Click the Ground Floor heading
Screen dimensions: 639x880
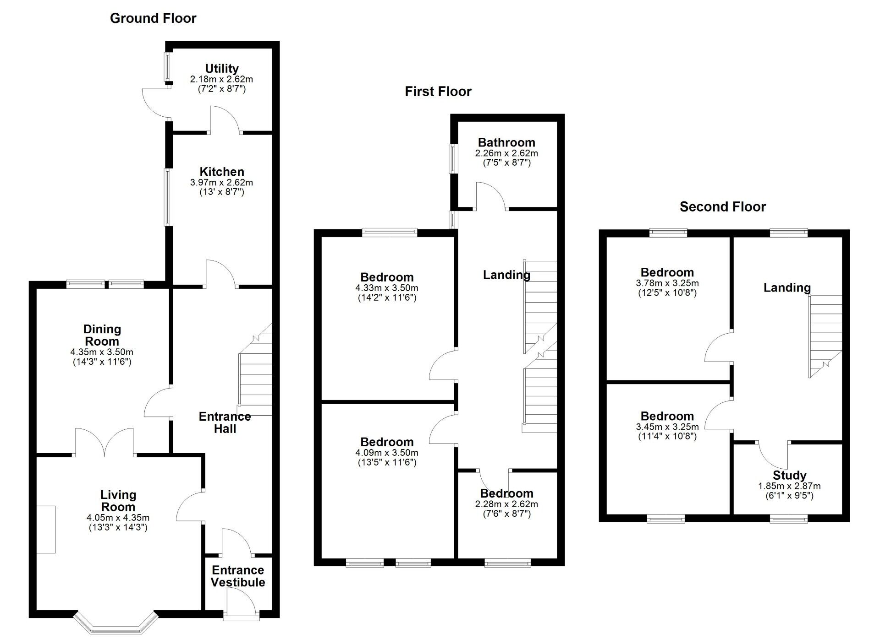(x=153, y=18)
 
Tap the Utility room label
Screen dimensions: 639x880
(x=222, y=69)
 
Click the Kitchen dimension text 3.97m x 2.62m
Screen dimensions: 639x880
(x=221, y=182)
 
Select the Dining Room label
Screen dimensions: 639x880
(x=102, y=335)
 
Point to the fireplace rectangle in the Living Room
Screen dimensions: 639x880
(x=46, y=529)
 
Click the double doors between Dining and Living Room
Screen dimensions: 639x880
(x=104, y=442)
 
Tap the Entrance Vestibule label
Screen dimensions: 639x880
(x=238, y=576)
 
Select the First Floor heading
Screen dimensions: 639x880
(x=438, y=92)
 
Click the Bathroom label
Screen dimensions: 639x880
(x=506, y=142)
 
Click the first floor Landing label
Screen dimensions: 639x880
(x=506, y=275)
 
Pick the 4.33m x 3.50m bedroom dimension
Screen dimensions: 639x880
(x=386, y=288)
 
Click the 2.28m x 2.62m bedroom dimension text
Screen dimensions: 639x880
(x=506, y=504)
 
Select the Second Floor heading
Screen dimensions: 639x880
(x=722, y=207)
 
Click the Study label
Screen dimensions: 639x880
(x=789, y=475)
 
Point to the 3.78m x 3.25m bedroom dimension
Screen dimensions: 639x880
(x=667, y=283)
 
